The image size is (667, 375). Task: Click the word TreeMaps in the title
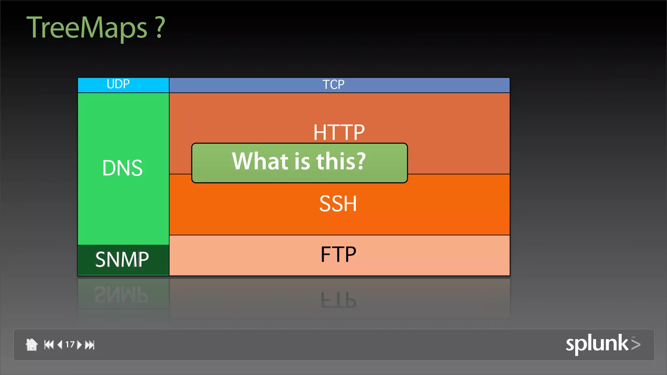point(87,28)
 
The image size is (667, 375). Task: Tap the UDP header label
point(118,84)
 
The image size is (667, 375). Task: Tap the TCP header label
point(333,85)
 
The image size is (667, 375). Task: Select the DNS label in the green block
point(122,168)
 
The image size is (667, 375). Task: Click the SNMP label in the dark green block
point(122,260)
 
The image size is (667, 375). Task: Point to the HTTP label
point(339,132)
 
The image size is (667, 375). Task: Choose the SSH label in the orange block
point(338,204)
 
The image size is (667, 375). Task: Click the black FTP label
point(338,255)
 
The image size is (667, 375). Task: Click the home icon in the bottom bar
point(32,344)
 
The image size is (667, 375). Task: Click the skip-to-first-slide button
point(49,344)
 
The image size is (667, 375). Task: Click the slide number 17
point(70,344)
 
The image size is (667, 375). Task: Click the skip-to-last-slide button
point(90,344)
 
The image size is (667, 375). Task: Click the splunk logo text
point(597,344)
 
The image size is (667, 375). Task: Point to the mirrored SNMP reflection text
point(121,295)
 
